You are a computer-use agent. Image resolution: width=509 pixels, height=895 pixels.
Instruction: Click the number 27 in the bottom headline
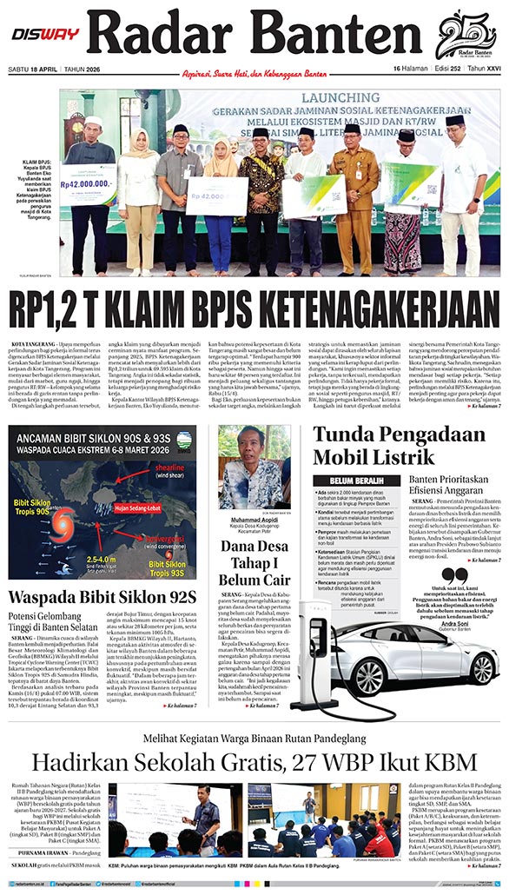(x=325, y=763)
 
